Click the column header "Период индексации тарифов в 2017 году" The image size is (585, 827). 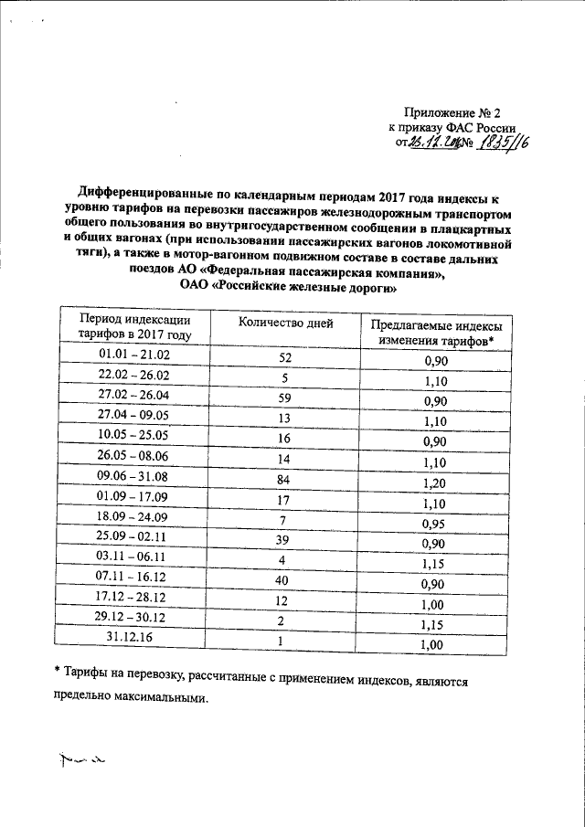pos(134,327)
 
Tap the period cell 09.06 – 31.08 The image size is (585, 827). pos(134,475)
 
